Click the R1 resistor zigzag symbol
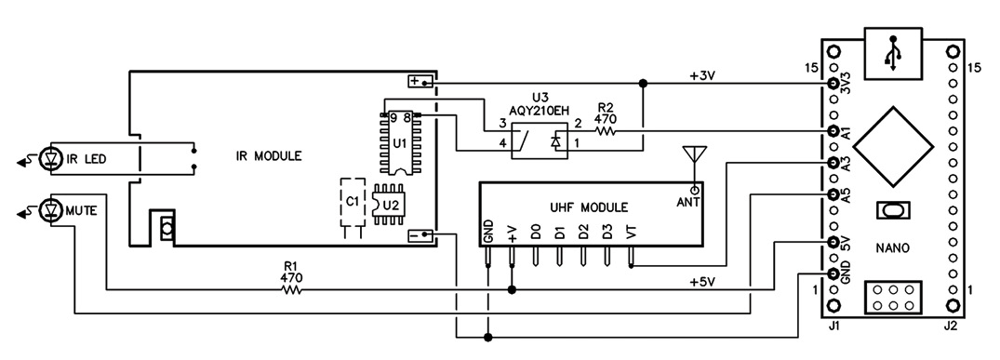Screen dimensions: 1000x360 pyautogui.click(x=291, y=290)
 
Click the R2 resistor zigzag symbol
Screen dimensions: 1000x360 pyautogui.click(x=605, y=131)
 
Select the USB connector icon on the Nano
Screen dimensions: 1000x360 pyautogui.click(x=893, y=54)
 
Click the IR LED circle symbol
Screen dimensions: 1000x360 pyautogui.click(x=49, y=158)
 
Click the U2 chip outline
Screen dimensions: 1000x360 pyautogui.click(x=389, y=205)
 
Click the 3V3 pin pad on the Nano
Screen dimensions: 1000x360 pyautogui.click(x=833, y=84)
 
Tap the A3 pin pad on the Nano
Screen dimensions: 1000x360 pyautogui.click(x=833, y=163)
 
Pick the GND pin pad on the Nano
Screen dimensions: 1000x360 pyautogui.click(x=833, y=273)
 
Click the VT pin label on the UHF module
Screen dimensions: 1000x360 pyautogui.click(x=631, y=233)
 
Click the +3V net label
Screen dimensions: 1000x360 pyautogui.click(x=703, y=74)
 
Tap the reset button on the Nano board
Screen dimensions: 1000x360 pyautogui.click(x=893, y=208)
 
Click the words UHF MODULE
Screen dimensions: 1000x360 pyautogui.click(x=589, y=207)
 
